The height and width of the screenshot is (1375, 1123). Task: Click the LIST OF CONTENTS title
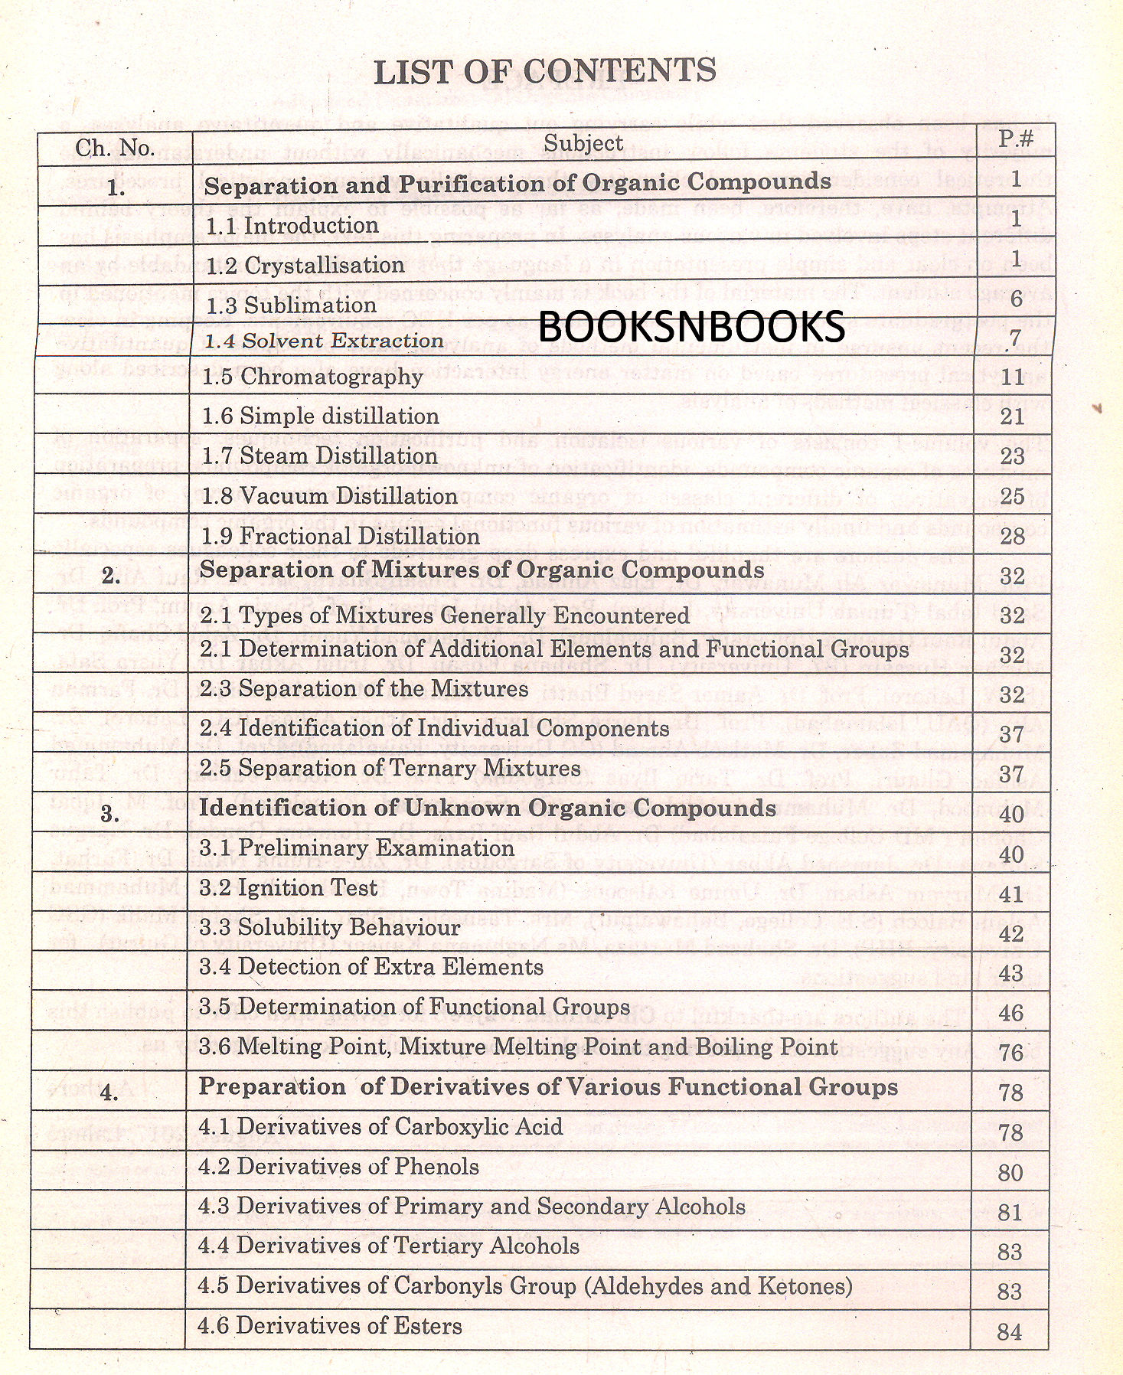coord(544,71)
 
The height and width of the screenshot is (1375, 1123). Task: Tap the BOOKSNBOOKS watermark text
coord(691,327)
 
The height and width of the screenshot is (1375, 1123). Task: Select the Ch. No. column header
coord(115,148)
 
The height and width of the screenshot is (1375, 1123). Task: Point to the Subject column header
coord(583,143)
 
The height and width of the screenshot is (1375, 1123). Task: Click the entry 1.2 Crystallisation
coord(305,265)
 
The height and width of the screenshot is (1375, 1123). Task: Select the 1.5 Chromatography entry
coord(312,376)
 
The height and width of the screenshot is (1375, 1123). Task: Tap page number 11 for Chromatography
coord(1012,376)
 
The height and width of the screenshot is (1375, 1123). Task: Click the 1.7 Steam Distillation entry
coord(319,456)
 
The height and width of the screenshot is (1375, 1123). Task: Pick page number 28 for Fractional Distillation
coord(1012,536)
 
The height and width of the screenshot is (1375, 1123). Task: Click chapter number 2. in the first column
coord(111,576)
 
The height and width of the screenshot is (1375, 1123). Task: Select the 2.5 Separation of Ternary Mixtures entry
coord(390,768)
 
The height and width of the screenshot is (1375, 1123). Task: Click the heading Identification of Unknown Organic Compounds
coord(488,808)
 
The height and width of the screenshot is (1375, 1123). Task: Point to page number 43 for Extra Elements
coord(1011,973)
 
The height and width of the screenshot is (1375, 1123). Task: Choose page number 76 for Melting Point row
coord(1011,1053)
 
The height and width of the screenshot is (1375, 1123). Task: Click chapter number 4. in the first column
coord(109,1093)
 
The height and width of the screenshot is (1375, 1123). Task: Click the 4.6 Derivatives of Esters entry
coord(330,1325)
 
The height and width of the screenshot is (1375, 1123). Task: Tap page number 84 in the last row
coord(1010,1332)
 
